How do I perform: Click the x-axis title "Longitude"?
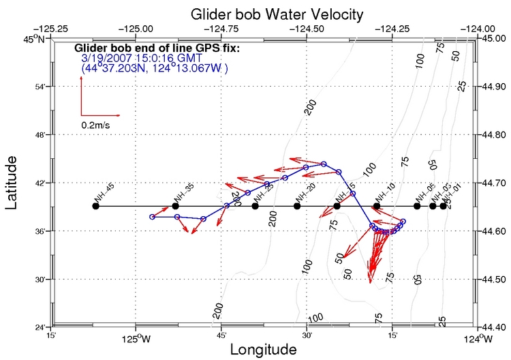coord(263,350)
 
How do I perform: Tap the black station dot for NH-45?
coord(95,206)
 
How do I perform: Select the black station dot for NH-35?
coord(176,206)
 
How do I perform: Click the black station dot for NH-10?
coord(377,206)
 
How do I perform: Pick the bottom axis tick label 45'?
coord(222,336)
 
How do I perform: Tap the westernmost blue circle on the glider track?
coord(153,217)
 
